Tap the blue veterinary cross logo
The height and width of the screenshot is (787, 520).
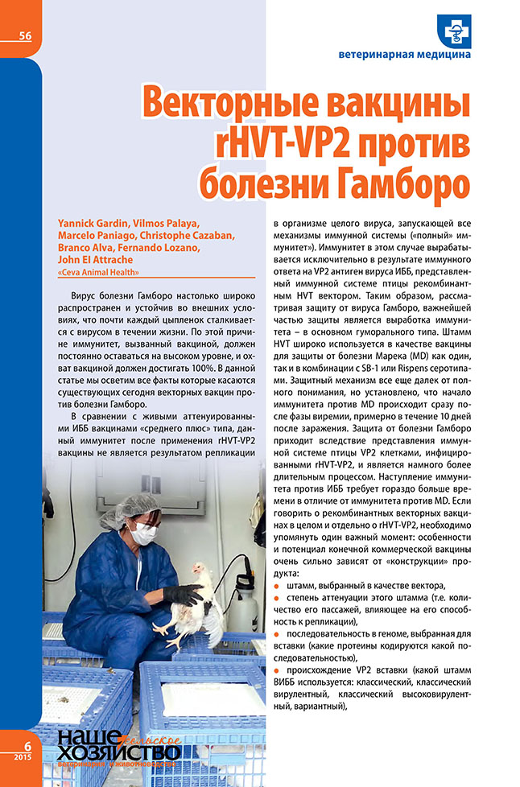(x=452, y=31)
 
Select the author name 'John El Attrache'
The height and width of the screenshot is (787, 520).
(x=90, y=260)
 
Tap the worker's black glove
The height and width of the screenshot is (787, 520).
(x=183, y=594)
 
